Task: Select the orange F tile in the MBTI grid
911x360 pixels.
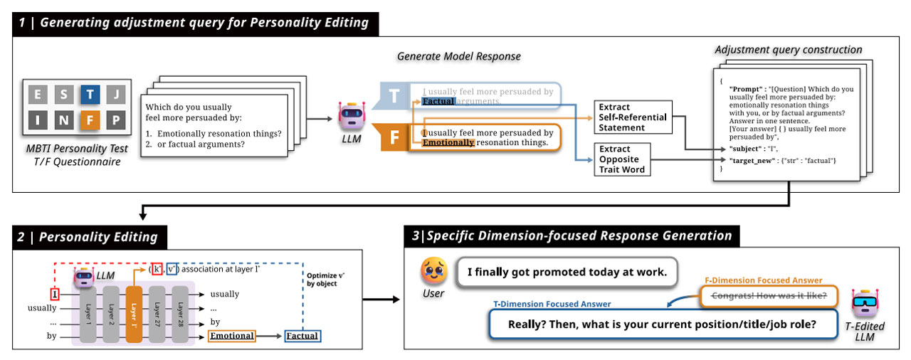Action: pyautogui.click(x=90, y=120)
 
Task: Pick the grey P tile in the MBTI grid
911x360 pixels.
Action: pyautogui.click(x=116, y=120)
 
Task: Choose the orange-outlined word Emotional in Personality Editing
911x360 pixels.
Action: pyautogui.click(x=232, y=336)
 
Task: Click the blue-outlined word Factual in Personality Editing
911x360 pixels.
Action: pyautogui.click(x=301, y=336)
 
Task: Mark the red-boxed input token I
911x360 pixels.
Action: pyautogui.click(x=55, y=294)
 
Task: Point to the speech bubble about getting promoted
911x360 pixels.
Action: pyautogui.click(x=566, y=272)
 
